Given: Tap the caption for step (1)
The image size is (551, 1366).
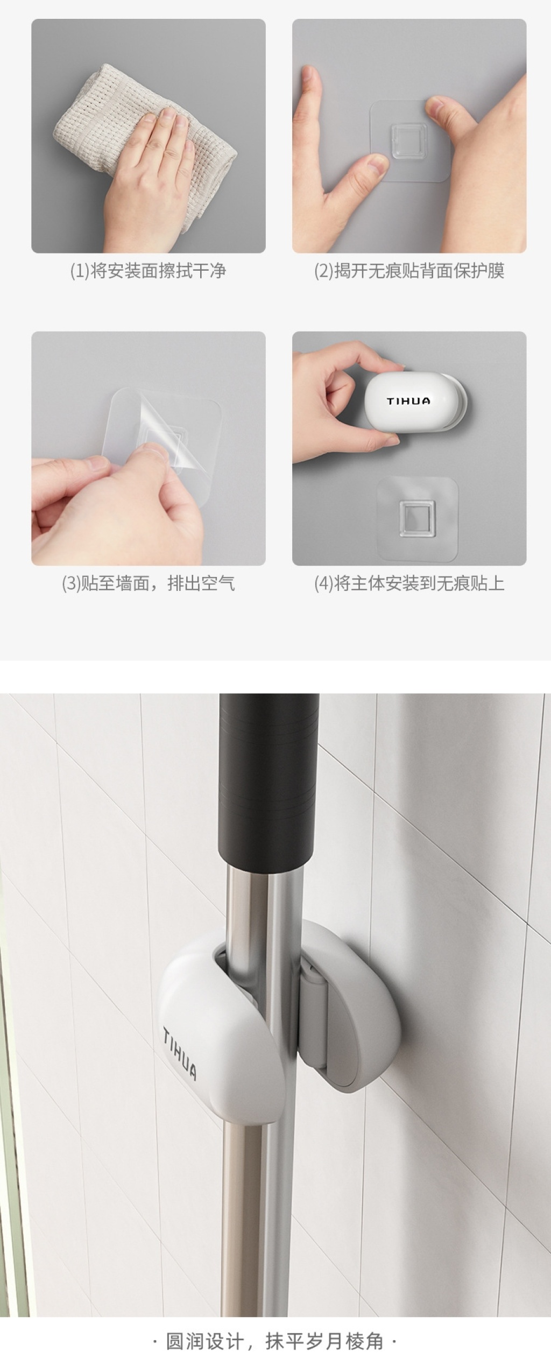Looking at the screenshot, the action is pyautogui.click(x=148, y=271).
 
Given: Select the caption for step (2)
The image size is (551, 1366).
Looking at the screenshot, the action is pyautogui.click(x=409, y=271).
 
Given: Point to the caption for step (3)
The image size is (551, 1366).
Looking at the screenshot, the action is pyautogui.click(x=148, y=583).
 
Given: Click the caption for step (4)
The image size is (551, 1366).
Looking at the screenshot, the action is pyautogui.click(x=409, y=583).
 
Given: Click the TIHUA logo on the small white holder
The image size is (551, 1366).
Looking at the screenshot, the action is pyautogui.click(x=408, y=401).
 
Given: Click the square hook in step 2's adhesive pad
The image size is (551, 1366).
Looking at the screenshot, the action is pyautogui.click(x=409, y=137).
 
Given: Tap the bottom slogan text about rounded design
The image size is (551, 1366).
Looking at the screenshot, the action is pyautogui.click(x=275, y=1337).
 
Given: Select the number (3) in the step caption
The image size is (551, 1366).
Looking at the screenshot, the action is pyautogui.click(x=70, y=583).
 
